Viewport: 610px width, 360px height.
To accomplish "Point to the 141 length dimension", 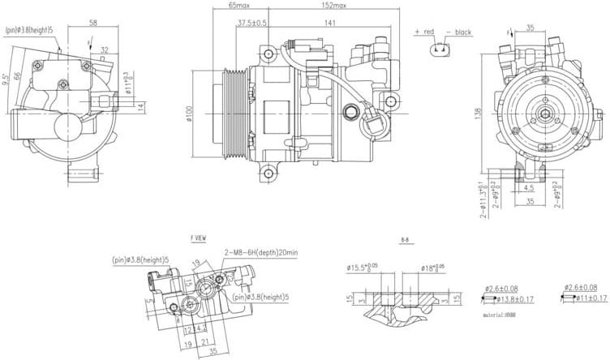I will [x=329, y=24].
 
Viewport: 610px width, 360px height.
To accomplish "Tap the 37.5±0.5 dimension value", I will [x=252, y=23].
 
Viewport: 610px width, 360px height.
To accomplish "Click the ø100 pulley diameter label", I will [x=187, y=115].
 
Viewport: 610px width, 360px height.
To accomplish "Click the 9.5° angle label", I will [x=6, y=79].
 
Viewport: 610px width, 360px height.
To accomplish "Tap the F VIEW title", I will [x=197, y=240].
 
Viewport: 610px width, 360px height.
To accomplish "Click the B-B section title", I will [x=405, y=241].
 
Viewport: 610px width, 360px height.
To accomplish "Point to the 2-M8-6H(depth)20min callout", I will [x=260, y=253].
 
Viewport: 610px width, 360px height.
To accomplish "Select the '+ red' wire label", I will [x=425, y=32].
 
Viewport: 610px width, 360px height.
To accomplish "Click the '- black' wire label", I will [x=458, y=32].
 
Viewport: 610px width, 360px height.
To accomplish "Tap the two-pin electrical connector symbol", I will [x=440, y=49].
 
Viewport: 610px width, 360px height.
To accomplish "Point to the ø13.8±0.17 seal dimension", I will [x=509, y=300].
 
